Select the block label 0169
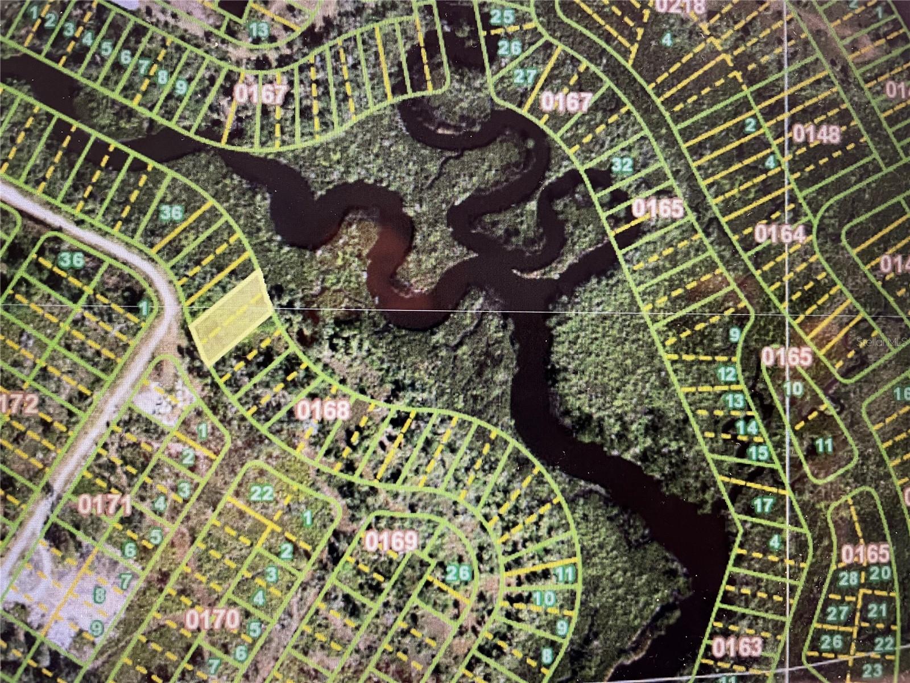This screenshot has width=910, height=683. [x=392, y=541]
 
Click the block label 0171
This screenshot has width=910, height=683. [x=105, y=504]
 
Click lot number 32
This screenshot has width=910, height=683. [x=622, y=165]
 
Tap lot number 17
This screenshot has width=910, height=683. [x=763, y=504]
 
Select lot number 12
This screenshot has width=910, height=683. [x=726, y=375]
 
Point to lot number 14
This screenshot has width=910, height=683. [x=747, y=427]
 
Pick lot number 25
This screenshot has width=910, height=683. [x=502, y=17]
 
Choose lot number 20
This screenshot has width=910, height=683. [x=879, y=574]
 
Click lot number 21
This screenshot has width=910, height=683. [x=878, y=611]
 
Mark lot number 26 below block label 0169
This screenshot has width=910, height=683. [x=458, y=573]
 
